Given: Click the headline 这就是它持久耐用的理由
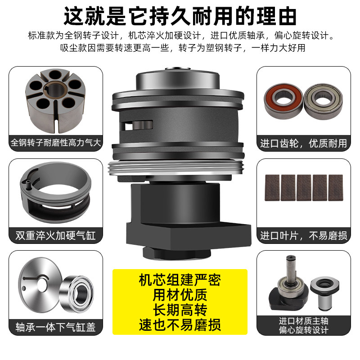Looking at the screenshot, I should coord(180,17).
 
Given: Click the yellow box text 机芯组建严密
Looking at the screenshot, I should coord(180,281).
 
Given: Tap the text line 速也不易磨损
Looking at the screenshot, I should coord(180,324).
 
